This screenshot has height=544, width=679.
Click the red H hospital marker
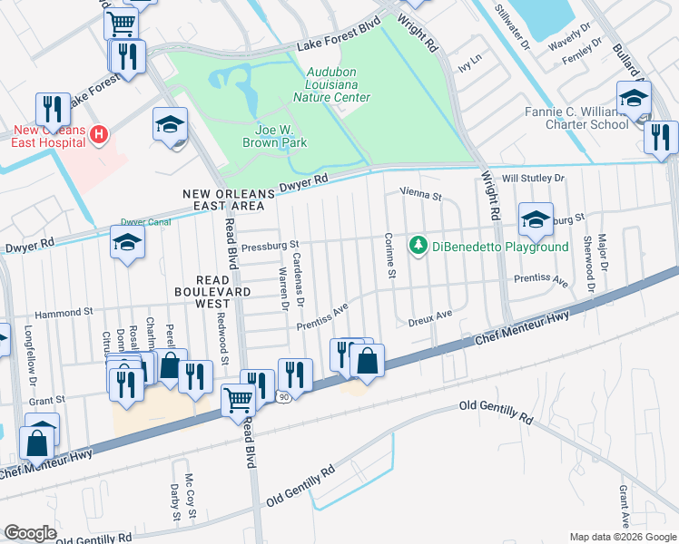point(100,135)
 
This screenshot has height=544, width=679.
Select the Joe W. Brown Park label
point(274,136)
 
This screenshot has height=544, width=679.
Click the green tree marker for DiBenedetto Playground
point(418,246)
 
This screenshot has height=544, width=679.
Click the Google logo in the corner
point(30,533)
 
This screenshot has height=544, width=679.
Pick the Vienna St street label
point(420,195)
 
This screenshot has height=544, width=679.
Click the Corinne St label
point(389,255)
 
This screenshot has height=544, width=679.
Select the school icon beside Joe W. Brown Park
point(170,127)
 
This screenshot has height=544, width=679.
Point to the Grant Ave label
point(625,506)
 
